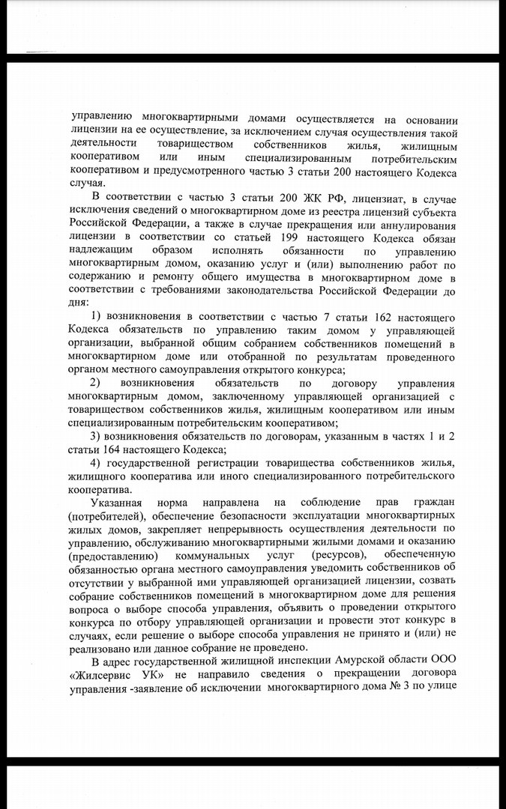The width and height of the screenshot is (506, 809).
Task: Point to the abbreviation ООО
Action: pos(442,664)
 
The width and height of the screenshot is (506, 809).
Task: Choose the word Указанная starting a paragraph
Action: pos(118,503)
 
